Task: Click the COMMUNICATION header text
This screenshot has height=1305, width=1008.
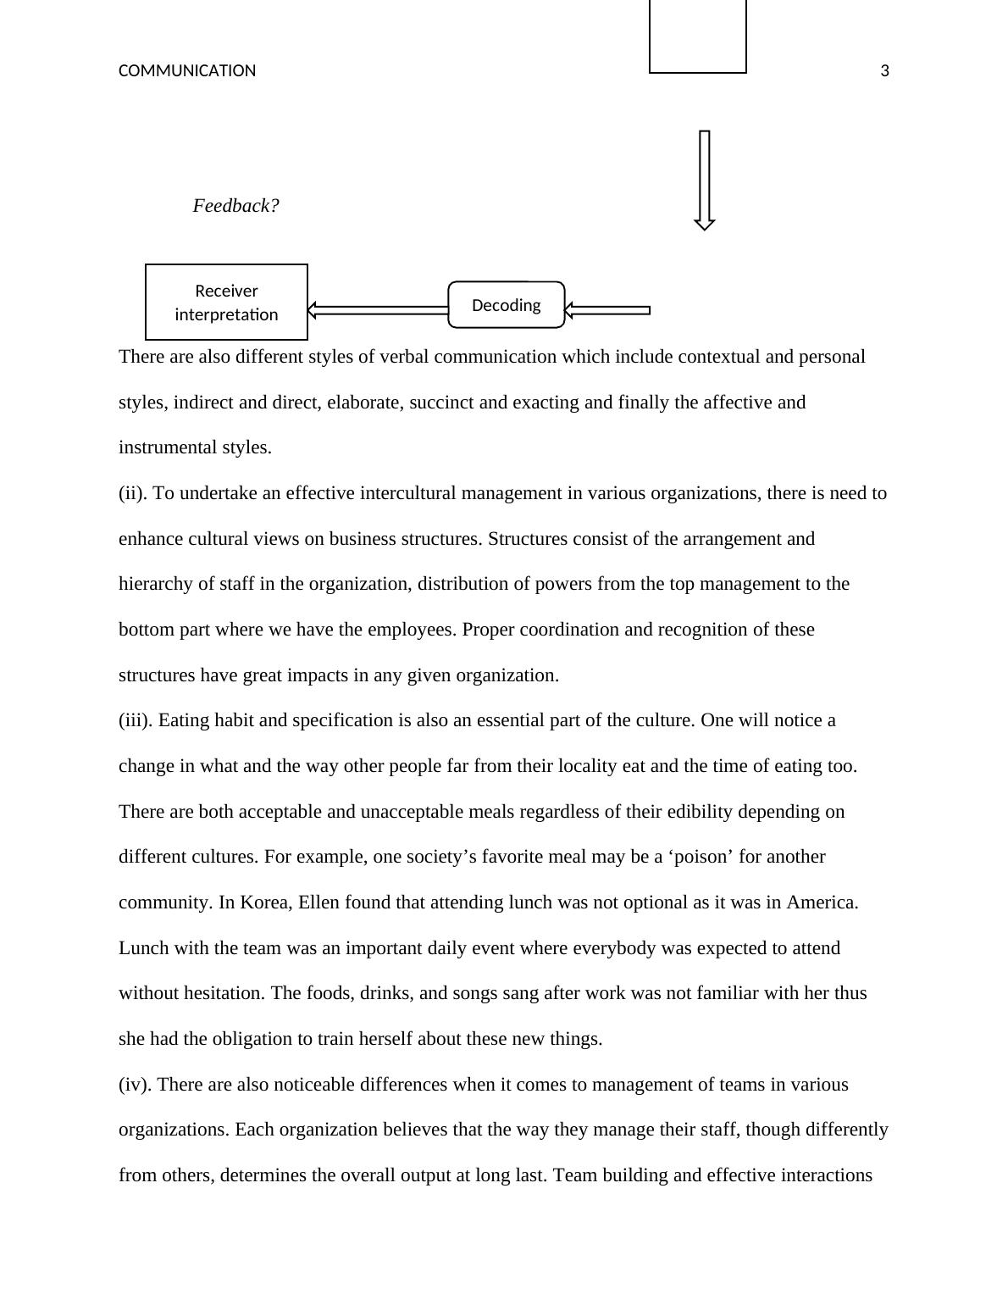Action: coord(186,71)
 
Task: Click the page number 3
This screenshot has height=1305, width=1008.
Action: coord(885,71)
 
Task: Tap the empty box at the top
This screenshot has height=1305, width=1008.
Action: coord(697,36)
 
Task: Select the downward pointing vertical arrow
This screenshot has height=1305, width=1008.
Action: coord(704,180)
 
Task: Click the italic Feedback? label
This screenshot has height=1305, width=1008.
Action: coord(235,206)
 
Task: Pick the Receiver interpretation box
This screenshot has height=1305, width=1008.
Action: coord(226,303)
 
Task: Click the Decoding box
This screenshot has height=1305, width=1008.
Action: coord(506,305)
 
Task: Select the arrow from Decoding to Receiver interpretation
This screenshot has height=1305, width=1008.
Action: coord(378,310)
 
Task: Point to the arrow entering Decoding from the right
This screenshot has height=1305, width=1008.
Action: coord(607,310)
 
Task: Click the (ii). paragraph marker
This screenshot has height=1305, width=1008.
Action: coord(133,493)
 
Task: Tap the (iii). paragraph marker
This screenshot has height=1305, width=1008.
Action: coord(136,720)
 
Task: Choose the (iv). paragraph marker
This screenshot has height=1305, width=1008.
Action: coord(135,1085)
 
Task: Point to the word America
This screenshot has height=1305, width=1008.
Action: coord(822,902)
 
